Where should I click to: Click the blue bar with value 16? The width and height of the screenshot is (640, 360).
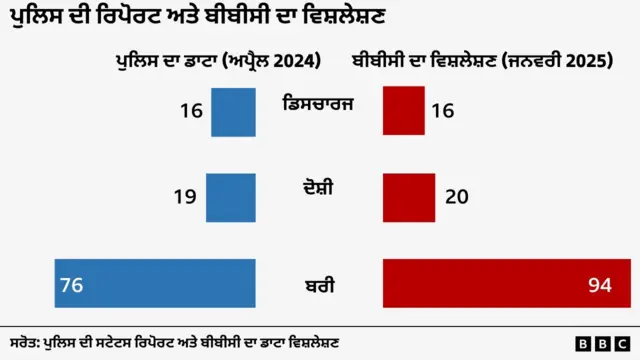235,111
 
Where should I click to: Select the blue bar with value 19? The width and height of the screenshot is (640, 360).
231,197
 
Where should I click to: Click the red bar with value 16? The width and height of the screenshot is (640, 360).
405,111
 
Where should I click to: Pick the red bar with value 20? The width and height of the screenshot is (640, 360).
409,197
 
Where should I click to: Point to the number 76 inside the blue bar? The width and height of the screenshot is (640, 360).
71,286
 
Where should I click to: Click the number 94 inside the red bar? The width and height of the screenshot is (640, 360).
599,286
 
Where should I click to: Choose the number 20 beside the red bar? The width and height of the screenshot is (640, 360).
457,197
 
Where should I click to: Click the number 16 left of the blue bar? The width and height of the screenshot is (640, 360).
191,111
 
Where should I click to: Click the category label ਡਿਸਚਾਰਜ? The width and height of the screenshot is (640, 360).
319,103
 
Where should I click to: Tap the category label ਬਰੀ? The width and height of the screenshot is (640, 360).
319,286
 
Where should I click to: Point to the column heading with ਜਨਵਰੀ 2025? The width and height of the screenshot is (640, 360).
481,62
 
